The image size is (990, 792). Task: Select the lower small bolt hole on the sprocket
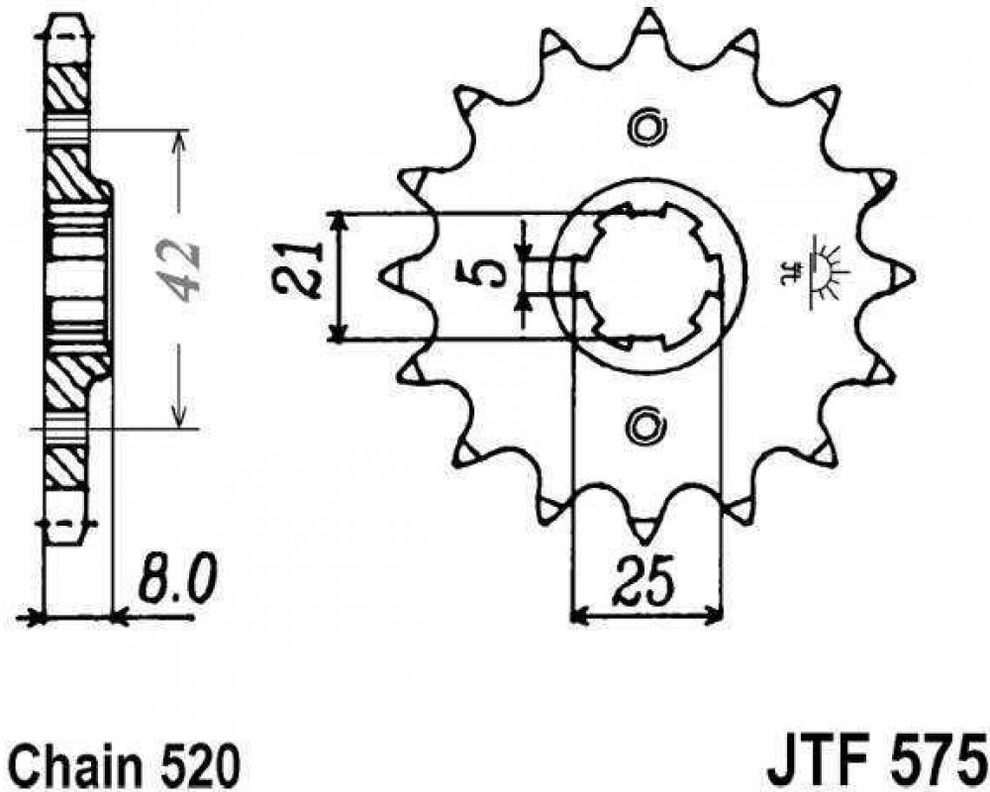(x=646, y=426)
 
